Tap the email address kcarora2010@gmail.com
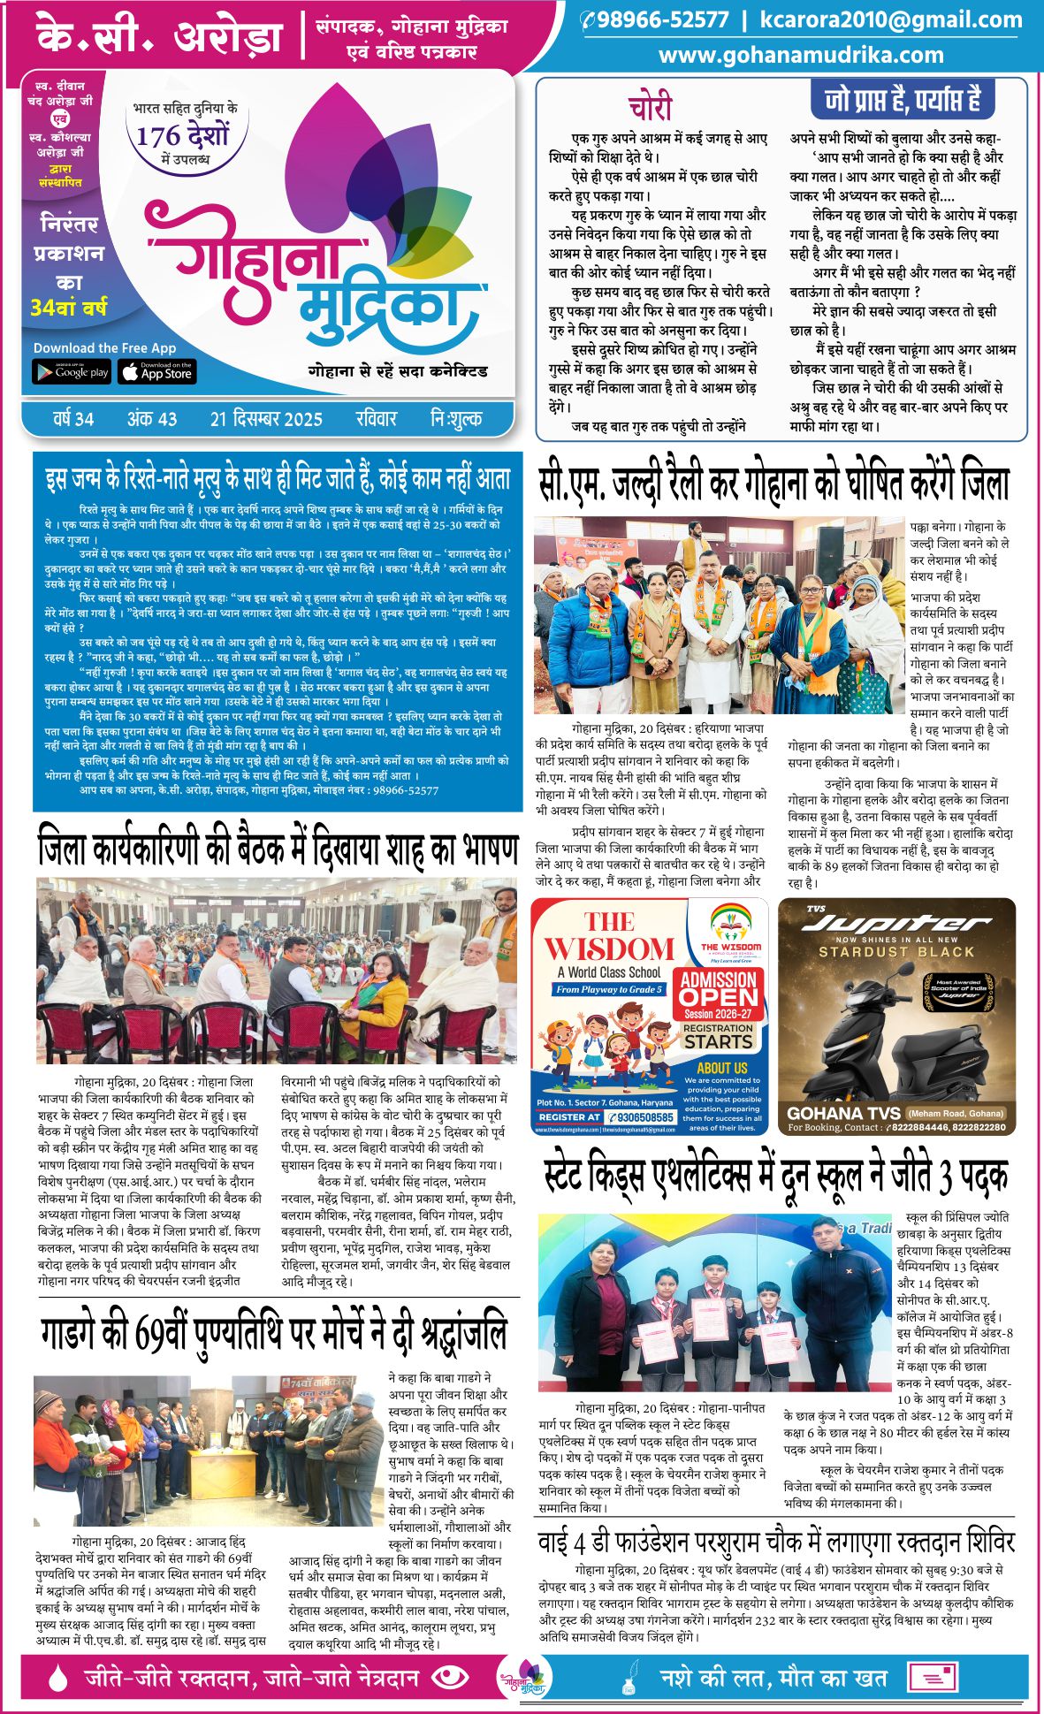[x=891, y=20]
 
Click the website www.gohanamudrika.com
[x=801, y=55]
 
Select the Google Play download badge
[x=72, y=372]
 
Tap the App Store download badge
[x=157, y=372]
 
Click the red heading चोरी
[x=651, y=107]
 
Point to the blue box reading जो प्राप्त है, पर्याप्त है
[x=903, y=100]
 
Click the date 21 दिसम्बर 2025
[x=266, y=419]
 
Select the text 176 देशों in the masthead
[x=183, y=135]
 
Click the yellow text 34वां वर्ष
[x=69, y=309]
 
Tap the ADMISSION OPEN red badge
[x=718, y=988]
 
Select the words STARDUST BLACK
[x=896, y=952]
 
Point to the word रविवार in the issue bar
[x=377, y=419]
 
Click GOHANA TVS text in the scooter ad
[x=843, y=1113]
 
